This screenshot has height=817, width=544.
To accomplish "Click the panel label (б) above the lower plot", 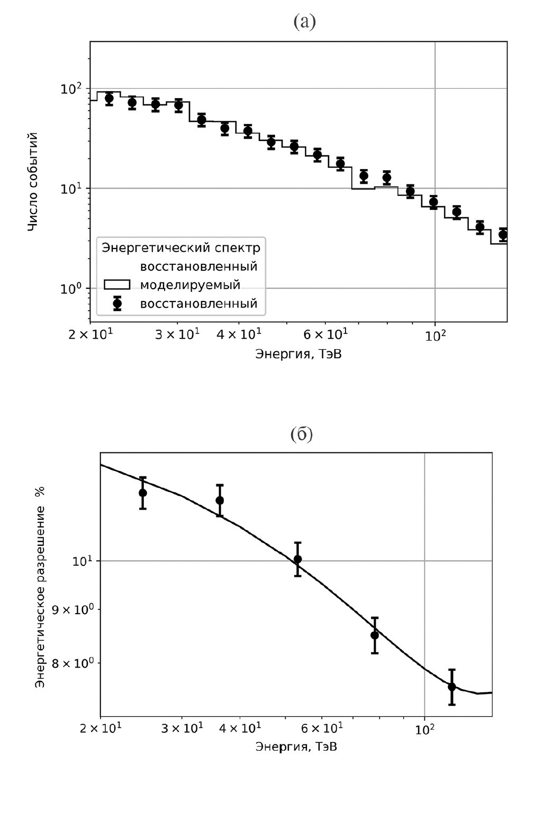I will tap(302, 434).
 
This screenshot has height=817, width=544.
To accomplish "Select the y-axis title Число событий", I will tap(33, 182).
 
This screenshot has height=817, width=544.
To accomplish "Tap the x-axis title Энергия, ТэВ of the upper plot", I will tap(298, 354).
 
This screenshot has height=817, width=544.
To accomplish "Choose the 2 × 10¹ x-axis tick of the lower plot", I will tap(101, 729).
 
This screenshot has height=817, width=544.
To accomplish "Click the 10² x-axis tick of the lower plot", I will tap(424, 729).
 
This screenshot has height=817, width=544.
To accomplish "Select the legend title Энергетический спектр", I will tap(181, 247).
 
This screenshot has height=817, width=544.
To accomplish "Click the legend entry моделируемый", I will tap(190, 285).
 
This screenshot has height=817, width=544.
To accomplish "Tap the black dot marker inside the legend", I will tap(117, 304).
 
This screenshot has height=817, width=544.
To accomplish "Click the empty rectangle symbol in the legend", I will tap(117, 285).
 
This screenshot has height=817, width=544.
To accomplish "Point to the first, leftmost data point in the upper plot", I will tap(109, 98).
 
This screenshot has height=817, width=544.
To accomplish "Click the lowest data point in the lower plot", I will tap(452, 687).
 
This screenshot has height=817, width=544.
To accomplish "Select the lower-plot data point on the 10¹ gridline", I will tap(298, 559).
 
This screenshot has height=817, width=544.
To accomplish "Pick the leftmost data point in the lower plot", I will tap(142, 493).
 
